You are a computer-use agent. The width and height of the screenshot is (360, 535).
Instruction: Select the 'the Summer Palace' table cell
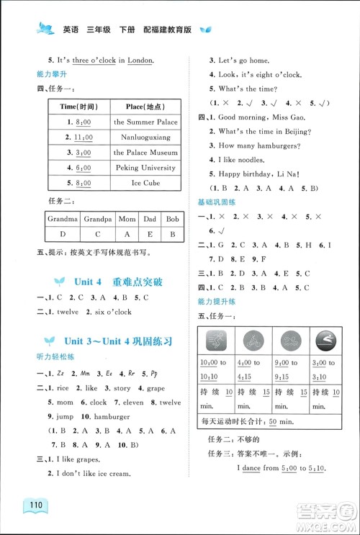pyautogui.click(x=145, y=122)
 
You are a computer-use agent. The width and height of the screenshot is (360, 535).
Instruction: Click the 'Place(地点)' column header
pyautogui.click(x=145, y=106)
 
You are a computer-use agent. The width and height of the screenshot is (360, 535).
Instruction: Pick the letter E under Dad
pyautogui.click(x=150, y=234)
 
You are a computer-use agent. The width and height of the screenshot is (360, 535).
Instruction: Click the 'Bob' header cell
pyautogui.click(x=171, y=218)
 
